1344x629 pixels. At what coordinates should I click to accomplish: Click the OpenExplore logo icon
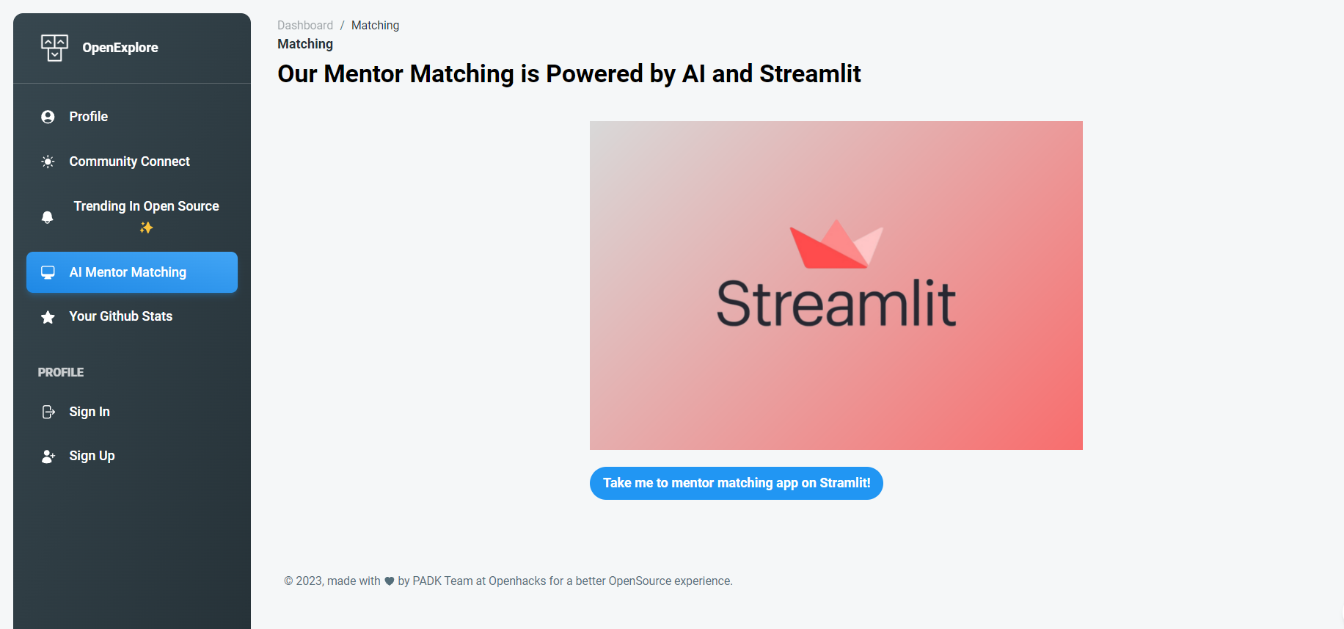click(x=54, y=48)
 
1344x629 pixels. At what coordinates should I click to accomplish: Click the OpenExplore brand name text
click(x=120, y=48)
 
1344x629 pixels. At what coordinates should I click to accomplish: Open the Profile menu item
click(x=89, y=117)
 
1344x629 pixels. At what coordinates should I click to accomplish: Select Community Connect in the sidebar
click(x=129, y=161)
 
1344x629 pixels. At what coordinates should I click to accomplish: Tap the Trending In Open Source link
click(x=146, y=206)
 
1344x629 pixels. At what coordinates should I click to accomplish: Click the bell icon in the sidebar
click(x=48, y=217)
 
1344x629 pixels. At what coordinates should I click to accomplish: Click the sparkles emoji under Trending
click(x=146, y=228)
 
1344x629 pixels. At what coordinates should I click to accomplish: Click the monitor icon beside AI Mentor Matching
click(x=48, y=272)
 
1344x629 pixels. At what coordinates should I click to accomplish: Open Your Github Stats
click(x=120, y=316)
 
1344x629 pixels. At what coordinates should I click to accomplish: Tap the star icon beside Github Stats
click(x=48, y=317)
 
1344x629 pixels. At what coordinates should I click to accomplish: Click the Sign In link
click(x=90, y=412)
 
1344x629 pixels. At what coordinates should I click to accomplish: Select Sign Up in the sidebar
click(x=92, y=456)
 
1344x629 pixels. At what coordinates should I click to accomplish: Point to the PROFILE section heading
click(x=61, y=372)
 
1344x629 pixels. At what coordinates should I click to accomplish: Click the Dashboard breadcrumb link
click(x=305, y=25)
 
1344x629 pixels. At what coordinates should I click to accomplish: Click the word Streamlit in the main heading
click(x=810, y=73)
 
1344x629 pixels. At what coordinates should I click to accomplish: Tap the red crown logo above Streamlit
click(x=836, y=244)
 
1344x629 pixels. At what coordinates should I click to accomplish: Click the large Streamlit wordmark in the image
click(x=836, y=302)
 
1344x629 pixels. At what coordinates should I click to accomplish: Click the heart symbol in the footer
click(x=390, y=581)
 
